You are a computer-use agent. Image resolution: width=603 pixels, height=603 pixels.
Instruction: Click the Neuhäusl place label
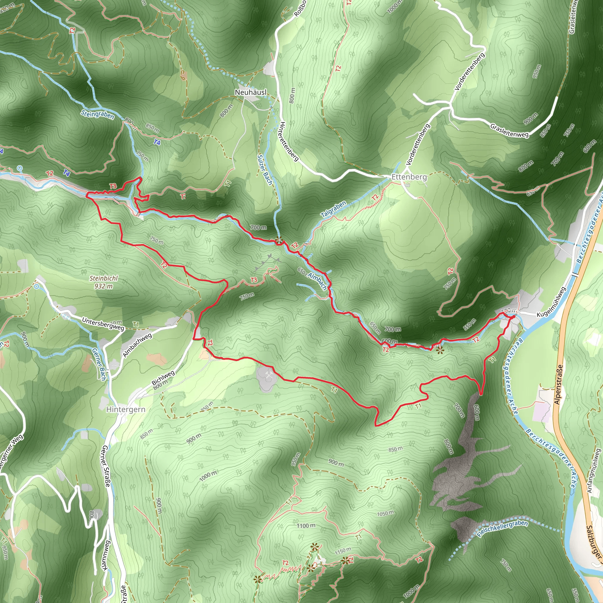click(x=251, y=92)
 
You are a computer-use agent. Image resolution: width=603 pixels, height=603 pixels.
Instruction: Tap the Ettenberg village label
click(x=409, y=177)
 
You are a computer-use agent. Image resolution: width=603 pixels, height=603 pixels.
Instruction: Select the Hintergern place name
click(x=126, y=409)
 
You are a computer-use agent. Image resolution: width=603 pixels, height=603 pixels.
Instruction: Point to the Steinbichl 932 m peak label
click(x=104, y=282)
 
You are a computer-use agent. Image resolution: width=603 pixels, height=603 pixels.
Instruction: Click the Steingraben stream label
click(x=97, y=115)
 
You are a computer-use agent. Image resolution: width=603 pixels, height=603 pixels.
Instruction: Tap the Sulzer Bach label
click(x=265, y=170)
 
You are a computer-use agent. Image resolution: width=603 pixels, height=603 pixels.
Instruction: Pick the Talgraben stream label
click(x=334, y=209)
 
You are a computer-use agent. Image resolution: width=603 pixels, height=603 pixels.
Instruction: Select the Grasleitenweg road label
click(x=509, y=130)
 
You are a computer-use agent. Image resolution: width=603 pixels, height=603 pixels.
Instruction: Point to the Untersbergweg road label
click(x=103, y=324)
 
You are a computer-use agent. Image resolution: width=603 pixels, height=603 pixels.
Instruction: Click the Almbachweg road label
click(x=137, y=345)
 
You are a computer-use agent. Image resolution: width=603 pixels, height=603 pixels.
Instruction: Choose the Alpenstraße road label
click(x=558, y=385)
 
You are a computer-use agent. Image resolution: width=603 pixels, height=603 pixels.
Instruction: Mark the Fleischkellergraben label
click(x=503, y=529)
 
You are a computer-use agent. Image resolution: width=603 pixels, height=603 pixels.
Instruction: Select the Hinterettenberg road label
click(x=289, y=141)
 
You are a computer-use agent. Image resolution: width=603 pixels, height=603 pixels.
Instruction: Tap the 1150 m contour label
click(x=343, y=551)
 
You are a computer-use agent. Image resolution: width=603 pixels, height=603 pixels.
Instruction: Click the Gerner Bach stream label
click(x=99, y=364)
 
